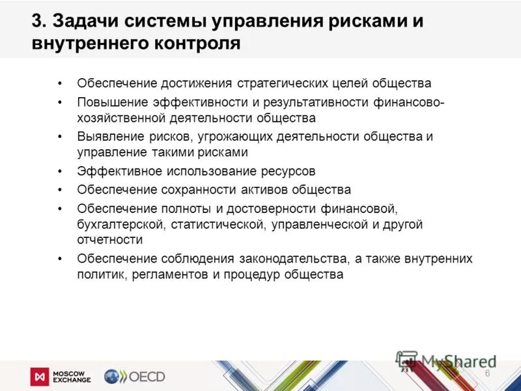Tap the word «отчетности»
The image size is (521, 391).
pyautogui.click(x=109, y=240)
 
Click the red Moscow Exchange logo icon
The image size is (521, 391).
pyautogui.click(x=40, y=377)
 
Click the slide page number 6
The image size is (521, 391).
pyautogui.click(x=487, y=372)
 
